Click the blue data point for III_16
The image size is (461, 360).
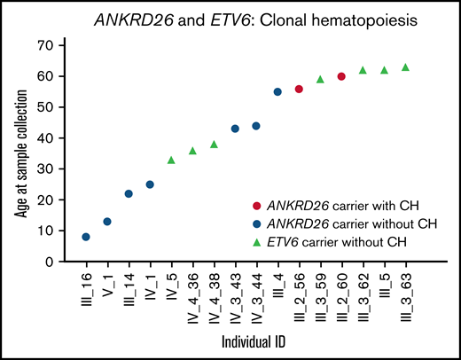click(86, 237)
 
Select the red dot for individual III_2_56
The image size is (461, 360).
click(299, 89)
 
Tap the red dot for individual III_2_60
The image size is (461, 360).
click(341, 76)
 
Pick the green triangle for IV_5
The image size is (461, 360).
click(171, 160)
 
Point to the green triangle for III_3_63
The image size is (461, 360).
click(405, 67)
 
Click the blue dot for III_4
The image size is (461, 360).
click(277, 91)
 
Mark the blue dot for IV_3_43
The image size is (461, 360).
click(235, 129)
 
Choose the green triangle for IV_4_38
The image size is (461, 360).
click(214, 145)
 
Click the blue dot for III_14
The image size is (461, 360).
click(129, 193)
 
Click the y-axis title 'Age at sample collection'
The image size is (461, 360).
click(16, 153)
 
